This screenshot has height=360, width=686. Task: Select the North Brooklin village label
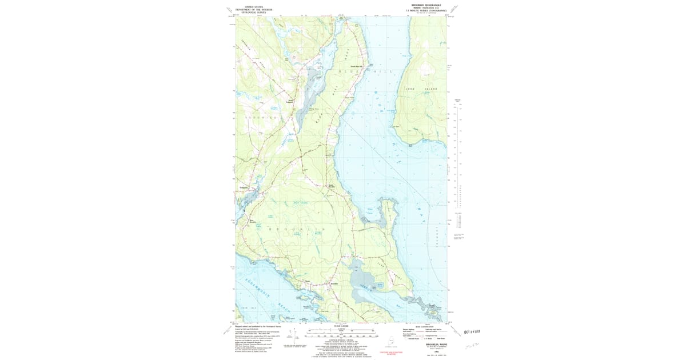click(x=330, y=186)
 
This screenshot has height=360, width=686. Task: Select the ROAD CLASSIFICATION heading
click(x=425, y=326)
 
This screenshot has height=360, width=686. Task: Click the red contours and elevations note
click(x=390, y=353)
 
